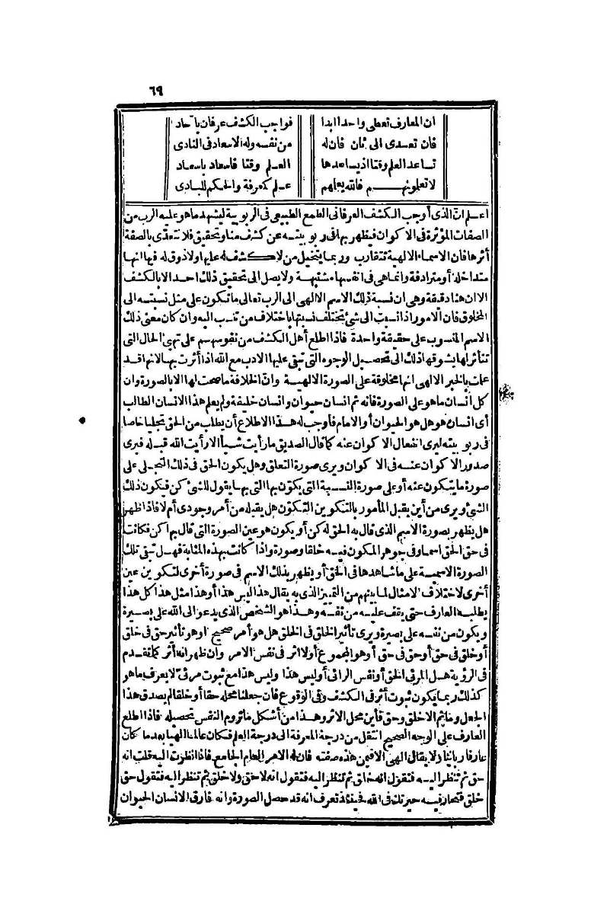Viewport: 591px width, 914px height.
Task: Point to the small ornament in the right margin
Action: [x=503, y=395]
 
